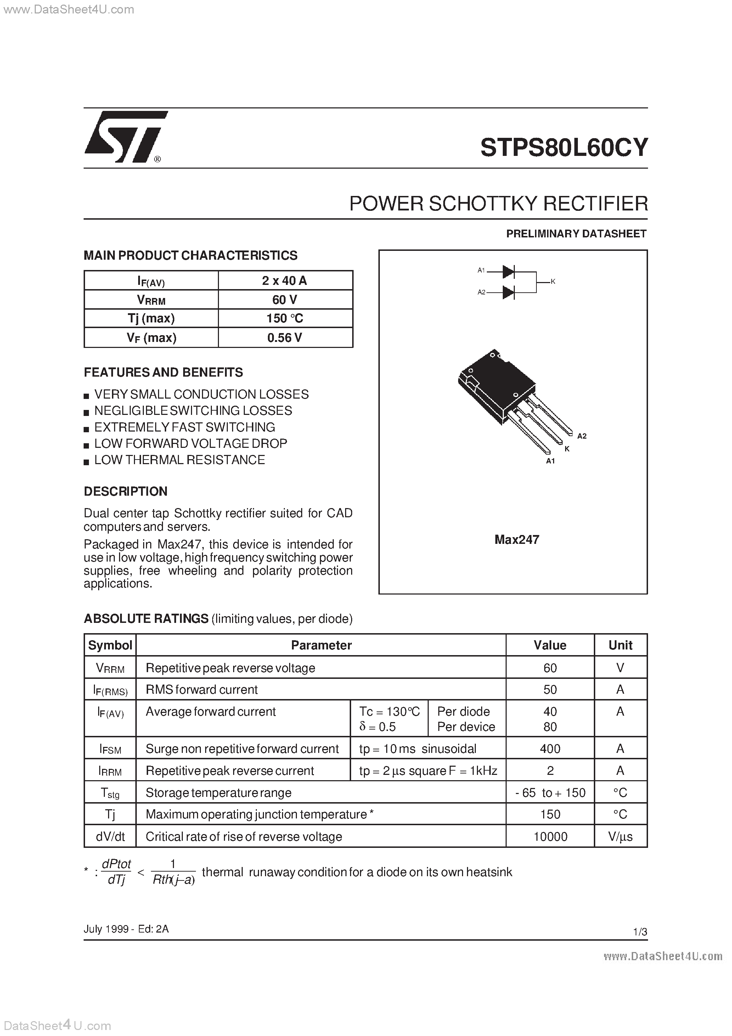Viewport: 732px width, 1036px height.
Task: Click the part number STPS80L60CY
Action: click(564, 147)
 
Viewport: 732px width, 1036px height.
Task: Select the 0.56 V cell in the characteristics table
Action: click(285, 338)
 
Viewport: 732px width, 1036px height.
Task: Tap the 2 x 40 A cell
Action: click(285, 280)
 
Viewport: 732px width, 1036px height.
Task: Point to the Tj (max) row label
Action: click(151, 318)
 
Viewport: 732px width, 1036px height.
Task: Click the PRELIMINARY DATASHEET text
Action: click(576, 234)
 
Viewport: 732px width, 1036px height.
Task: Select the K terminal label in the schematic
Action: click(553, 282)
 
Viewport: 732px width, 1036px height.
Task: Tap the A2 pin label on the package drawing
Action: click(582, 436)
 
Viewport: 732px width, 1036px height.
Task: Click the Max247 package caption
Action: click(517, 540)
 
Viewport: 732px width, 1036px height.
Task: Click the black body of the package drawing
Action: click(496, 383)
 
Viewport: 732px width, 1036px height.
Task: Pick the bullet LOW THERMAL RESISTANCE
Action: click(179, 460)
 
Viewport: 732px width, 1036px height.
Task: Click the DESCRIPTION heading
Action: click(125, 491)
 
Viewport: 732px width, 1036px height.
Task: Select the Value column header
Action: click(550, 645)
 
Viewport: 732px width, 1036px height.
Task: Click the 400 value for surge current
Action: click(550, 749)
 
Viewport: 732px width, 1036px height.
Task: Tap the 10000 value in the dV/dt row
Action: click(550, 837)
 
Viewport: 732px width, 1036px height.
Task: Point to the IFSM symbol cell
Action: click(110, 749)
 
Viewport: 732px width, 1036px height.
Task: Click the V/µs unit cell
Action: click(620, 837)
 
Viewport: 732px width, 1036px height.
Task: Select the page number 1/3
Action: click(640, 932)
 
